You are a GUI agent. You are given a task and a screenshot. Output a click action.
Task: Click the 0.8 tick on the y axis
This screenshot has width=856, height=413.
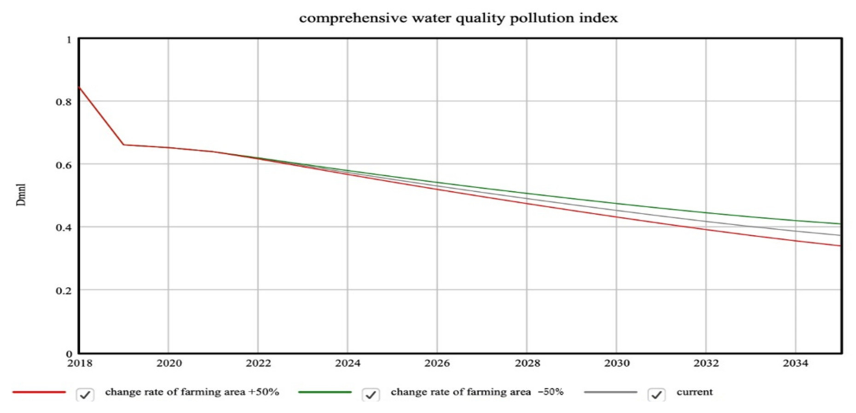click(64, 102)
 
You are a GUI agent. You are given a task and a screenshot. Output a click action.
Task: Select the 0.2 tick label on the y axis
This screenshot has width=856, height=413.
click(64, 291)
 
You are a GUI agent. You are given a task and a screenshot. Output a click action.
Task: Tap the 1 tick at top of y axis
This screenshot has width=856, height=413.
click(69, 40)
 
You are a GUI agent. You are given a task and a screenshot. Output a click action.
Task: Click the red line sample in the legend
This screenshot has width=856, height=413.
click(39, 392)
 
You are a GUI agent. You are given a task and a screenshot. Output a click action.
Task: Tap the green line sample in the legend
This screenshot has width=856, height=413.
click(325, 392)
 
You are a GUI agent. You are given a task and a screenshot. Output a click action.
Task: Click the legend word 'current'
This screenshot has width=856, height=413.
click(694, 392)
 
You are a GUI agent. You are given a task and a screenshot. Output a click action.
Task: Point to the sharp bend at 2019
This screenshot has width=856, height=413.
click(124, 145)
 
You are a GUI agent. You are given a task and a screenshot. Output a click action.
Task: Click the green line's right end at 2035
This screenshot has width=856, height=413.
click(839, 224)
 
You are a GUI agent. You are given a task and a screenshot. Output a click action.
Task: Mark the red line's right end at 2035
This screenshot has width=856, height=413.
click(839, 246)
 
